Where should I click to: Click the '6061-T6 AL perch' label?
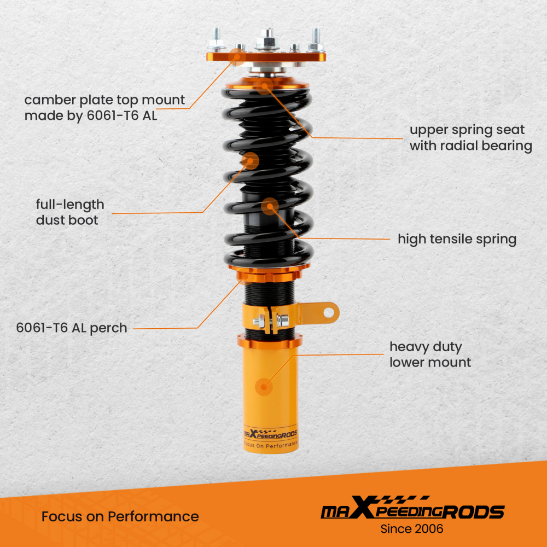tap(72, 328)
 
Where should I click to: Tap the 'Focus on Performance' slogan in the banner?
tap(120, 516)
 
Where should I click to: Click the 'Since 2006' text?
tap(412, 529)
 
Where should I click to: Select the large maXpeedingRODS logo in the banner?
tap(412, 510)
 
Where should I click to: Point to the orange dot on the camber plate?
tap(236, 55)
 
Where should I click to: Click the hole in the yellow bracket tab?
tap(328, 312)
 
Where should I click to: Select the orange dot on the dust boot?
tap(250, 160)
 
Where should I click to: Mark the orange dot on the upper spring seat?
tap(265, 85)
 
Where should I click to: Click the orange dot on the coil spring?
tap(270, 207)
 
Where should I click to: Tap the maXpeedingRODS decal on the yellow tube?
tap(270, 434)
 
